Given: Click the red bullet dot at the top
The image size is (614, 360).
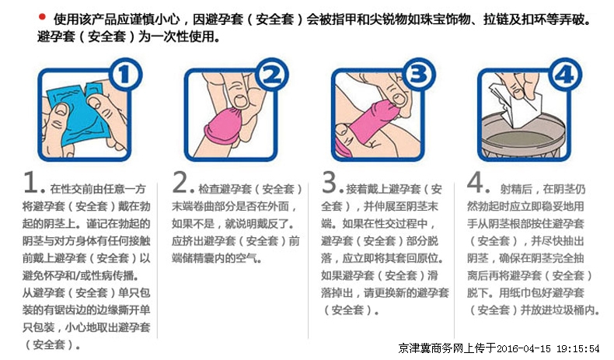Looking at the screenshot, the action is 42,17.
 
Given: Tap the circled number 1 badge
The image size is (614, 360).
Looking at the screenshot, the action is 125,75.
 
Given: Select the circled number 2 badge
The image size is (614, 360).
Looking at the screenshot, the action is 272,75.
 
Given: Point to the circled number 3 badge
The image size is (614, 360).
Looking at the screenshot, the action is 419,75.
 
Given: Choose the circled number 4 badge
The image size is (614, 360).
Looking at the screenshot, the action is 565,75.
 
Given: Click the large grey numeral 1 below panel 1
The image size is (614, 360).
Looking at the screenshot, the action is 30,182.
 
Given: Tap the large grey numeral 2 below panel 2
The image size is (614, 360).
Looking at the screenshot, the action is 180,182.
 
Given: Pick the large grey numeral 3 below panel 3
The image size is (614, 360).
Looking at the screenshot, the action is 330,182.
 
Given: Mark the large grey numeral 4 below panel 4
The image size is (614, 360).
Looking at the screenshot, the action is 476,182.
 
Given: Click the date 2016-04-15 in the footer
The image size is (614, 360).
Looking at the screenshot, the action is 524,348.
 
